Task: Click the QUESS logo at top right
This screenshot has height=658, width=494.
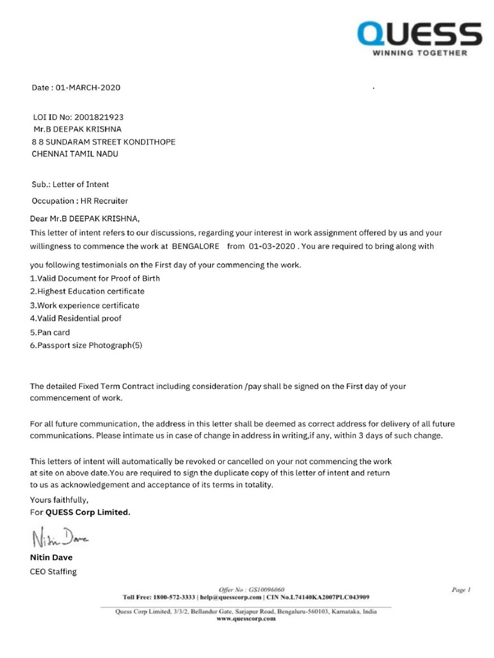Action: (419, 33)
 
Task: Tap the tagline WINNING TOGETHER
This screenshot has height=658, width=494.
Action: (420, 53)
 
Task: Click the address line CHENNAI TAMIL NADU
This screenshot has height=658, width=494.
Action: (75, 154)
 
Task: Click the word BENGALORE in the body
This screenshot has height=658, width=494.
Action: (196, 246)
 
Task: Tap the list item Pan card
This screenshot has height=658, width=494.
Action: (50, 332)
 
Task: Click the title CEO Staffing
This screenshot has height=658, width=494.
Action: (53, 571)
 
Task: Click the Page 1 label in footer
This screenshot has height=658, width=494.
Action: (461, 589)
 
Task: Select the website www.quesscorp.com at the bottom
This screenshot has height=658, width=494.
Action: (247, 620)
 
